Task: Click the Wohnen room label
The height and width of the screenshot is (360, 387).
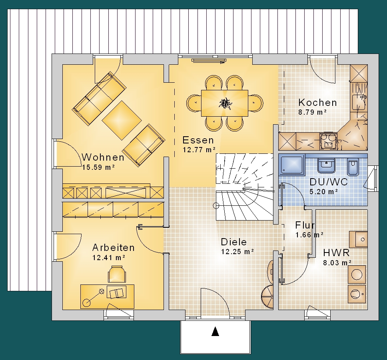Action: click(x=103, y=157)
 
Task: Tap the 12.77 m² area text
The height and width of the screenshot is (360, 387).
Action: click(x=199, y=150)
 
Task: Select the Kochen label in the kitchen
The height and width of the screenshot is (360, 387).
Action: click(x=318, y=102)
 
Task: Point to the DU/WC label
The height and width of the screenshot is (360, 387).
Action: click(x=329, y=182)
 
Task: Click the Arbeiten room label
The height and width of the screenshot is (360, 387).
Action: click(x=114, y=247)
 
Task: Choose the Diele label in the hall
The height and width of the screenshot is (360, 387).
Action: click(x=234, y=242)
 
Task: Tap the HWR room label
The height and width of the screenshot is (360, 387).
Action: click(x=336, y=253)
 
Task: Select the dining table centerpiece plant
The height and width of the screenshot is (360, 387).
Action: click(x=225, y=103)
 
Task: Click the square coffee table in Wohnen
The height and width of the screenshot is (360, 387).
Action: click(x=122, y=120)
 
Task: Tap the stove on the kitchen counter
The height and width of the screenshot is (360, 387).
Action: click(x=329, y=141)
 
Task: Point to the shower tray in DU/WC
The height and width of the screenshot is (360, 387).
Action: click(x=291, y=165)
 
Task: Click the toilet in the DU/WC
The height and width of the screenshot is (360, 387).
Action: click(x=353, y=167)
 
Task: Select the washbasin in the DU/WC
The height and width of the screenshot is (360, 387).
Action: click(x=326, y=165)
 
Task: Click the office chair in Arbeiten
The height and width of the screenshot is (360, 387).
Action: click(x=117, y=274)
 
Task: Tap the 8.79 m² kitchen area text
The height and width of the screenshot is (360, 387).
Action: click(x=313, y=112)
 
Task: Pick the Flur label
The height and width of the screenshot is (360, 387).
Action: click(x=305, y=225)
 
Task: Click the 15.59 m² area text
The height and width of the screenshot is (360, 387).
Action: click(x=98, y=167)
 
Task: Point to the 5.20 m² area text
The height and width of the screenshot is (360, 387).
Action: click(x=324, y=192)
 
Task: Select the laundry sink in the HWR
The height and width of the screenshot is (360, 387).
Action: click(x=358, y=239)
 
